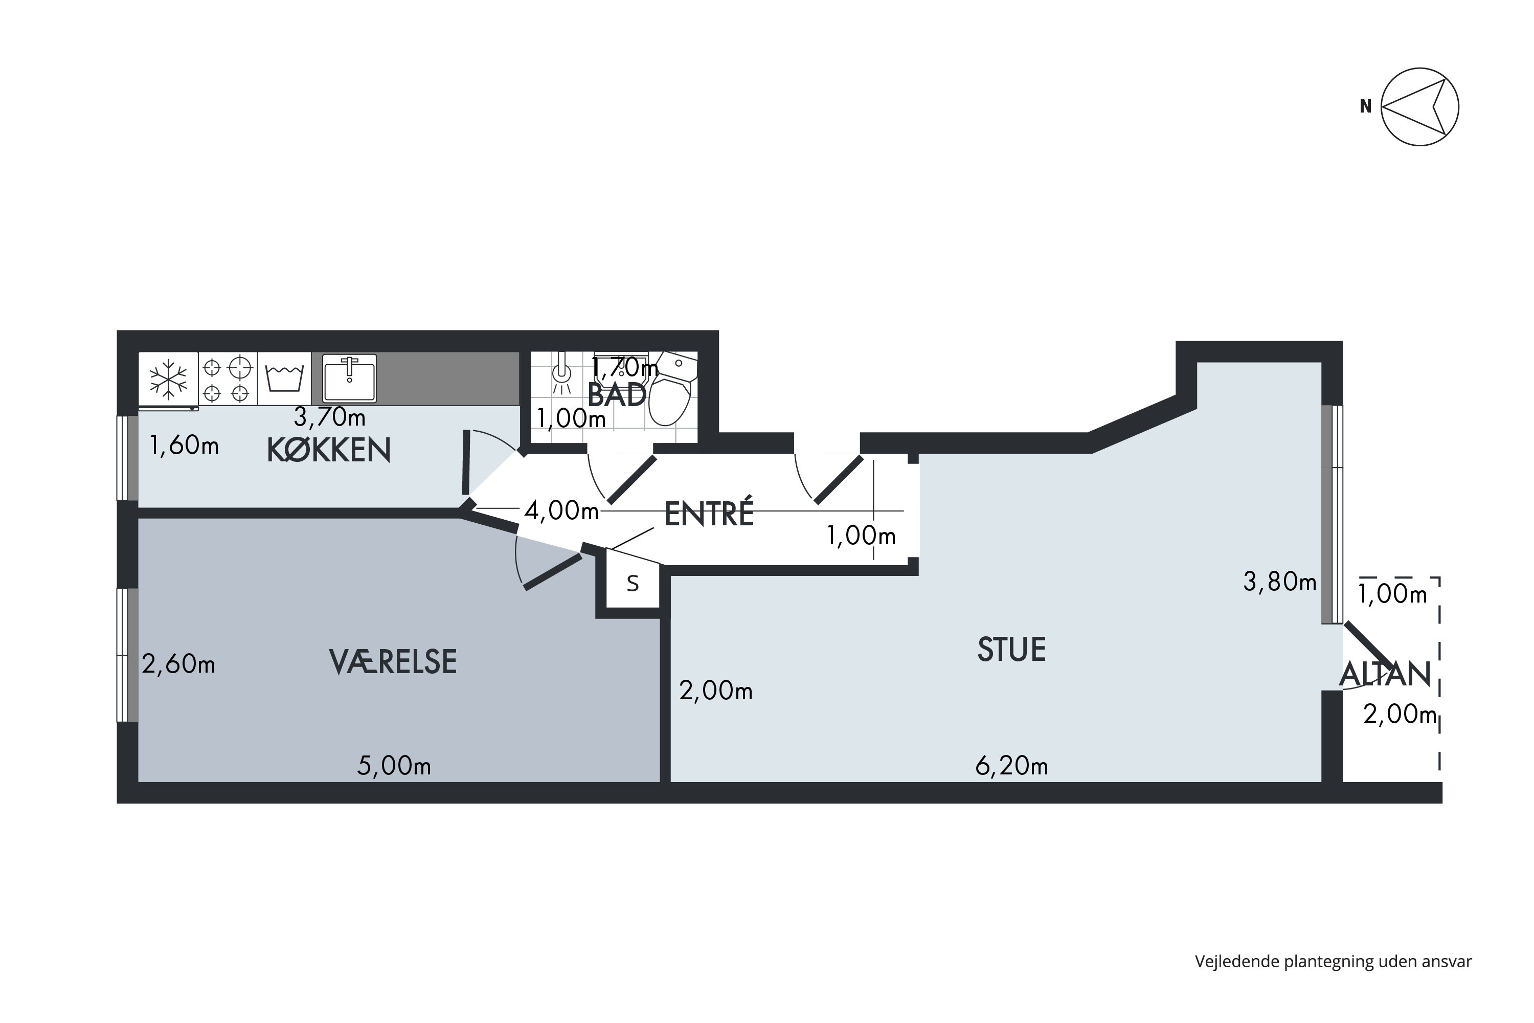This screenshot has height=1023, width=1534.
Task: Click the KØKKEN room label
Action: [329, 450]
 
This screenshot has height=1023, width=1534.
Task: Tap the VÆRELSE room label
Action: [393, 662]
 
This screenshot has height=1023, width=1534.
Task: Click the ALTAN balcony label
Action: [1385, 675]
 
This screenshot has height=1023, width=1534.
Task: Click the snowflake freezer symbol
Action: [168, 379]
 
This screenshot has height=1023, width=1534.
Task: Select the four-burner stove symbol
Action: [227, 379]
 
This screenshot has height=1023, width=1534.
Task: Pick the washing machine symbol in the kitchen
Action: [284, 379]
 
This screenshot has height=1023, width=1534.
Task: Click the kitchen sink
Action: [350, 378]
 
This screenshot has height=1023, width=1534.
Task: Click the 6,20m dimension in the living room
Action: [1011, 766]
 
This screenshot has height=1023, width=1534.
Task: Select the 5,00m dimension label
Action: [394, 766]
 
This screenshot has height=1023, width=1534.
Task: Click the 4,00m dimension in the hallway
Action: [561, 511]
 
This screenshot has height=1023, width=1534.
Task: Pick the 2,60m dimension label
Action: [178, 664]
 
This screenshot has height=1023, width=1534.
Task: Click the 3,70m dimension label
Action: [329, 416]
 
